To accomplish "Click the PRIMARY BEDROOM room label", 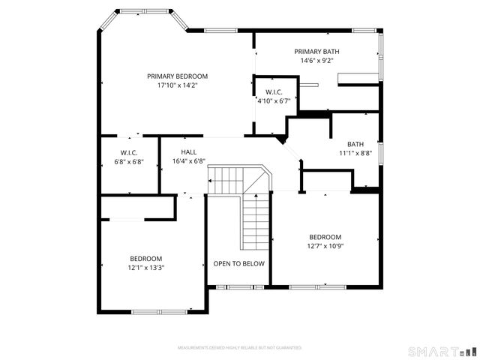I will [177, 76].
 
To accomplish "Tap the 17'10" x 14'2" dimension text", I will [177, 85].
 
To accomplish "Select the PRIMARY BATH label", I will [320, 52].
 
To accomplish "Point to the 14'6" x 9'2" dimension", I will [320, 61].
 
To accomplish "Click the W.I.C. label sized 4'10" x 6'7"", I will [274, 91].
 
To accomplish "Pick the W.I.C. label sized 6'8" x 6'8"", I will [128, 153].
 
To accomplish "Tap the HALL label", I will [188, 152].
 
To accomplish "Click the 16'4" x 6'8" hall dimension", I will [188, 161].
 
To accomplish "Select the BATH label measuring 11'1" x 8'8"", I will [355, 145].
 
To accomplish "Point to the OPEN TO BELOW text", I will [238, 264].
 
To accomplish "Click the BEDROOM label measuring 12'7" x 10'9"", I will [325, 237].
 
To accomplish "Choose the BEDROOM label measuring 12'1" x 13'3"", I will [145, 259].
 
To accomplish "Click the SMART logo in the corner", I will [441, 351].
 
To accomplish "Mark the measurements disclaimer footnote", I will [238, 348].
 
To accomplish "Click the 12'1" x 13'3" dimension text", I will [145, 268].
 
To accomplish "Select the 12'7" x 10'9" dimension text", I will [325, 246].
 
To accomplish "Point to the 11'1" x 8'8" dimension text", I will [355, 154].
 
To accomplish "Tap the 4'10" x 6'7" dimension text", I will [274, 100].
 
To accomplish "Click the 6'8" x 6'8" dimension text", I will [128, 162].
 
